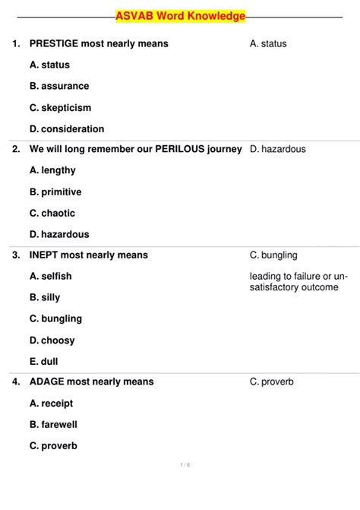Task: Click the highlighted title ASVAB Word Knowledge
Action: (x=180, y=16)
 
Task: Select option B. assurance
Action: (x=59, y=86)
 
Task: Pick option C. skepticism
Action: (x=60, y=107)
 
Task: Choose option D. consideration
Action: (x=67, y=128)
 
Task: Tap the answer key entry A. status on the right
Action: (x=268, y=43)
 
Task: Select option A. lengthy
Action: (x=52, y=170)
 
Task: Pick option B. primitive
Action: (x=55, y=192)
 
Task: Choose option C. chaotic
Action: (x=54, y=213)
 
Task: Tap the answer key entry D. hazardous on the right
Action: (x=277, y=149)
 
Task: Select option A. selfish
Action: (x=51, y=276)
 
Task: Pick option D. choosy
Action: (x=52, y=340)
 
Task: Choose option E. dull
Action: (x=44, y=361)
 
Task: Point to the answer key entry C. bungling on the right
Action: (x=273, y=255)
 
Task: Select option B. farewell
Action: (x=53, y=424)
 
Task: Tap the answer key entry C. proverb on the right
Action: (x=271, y=382)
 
